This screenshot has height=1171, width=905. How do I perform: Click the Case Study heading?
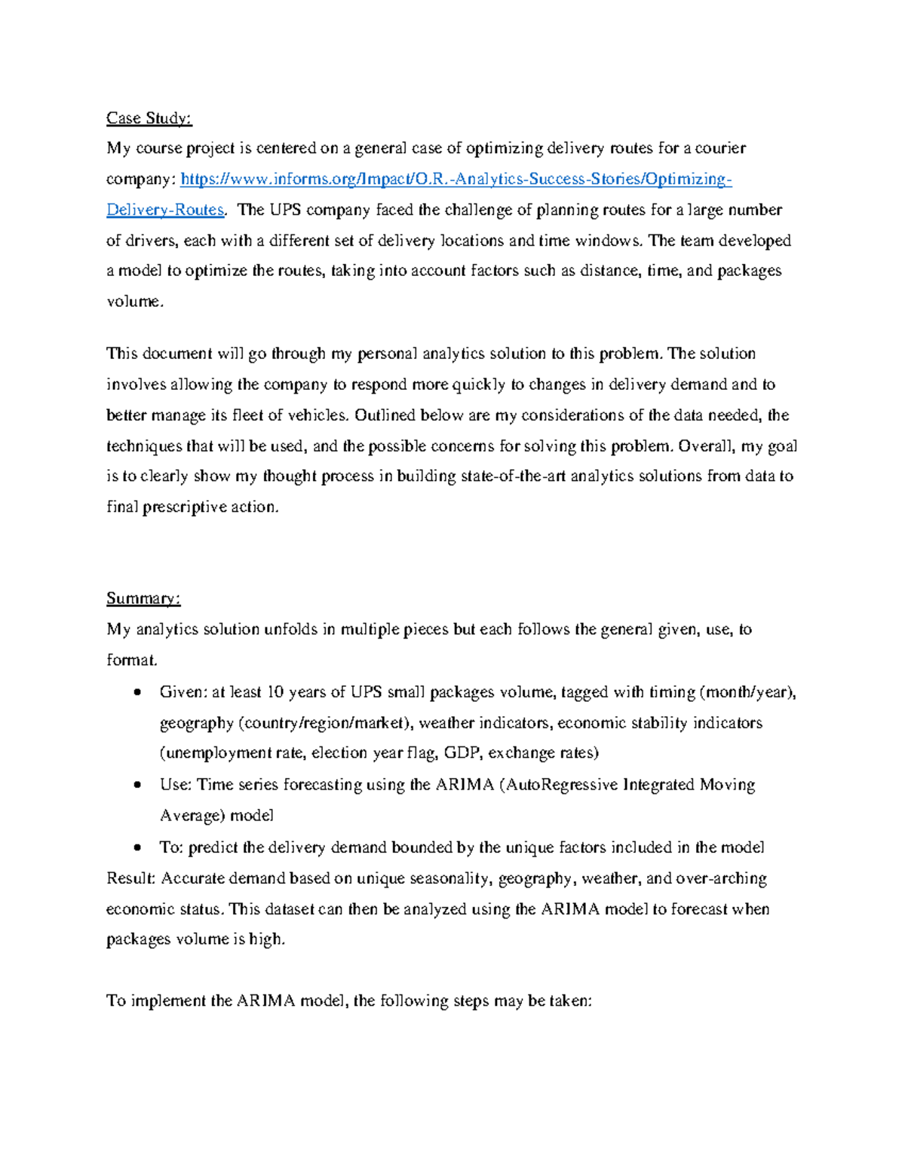pos(149,118)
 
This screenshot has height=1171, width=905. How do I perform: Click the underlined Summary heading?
pos(143,599)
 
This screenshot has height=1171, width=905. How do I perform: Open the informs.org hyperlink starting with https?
pos(456,179)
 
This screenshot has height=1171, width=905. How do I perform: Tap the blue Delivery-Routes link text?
pos(165,210)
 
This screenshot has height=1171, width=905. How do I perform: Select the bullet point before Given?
pos(137,692)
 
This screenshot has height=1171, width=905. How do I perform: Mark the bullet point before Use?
pos(137,785)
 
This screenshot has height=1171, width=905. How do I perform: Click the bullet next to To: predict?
pos(137,848)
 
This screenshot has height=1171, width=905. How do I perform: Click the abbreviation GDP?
pos(461,753)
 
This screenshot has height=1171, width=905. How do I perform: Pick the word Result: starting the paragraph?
pos(131,878)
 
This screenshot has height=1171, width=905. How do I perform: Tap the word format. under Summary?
pos(132,661)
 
